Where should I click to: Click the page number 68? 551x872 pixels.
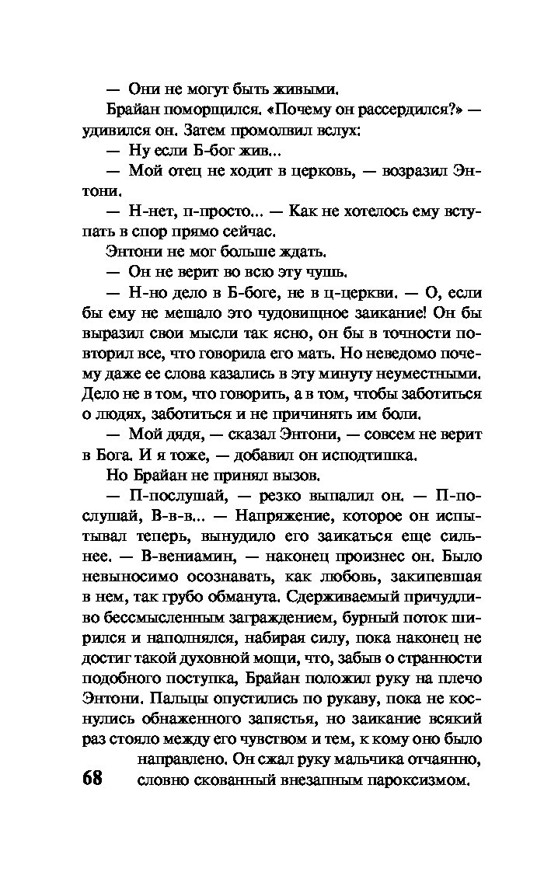pos(92,778)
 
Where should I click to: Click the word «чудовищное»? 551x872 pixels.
pos(279,312)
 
